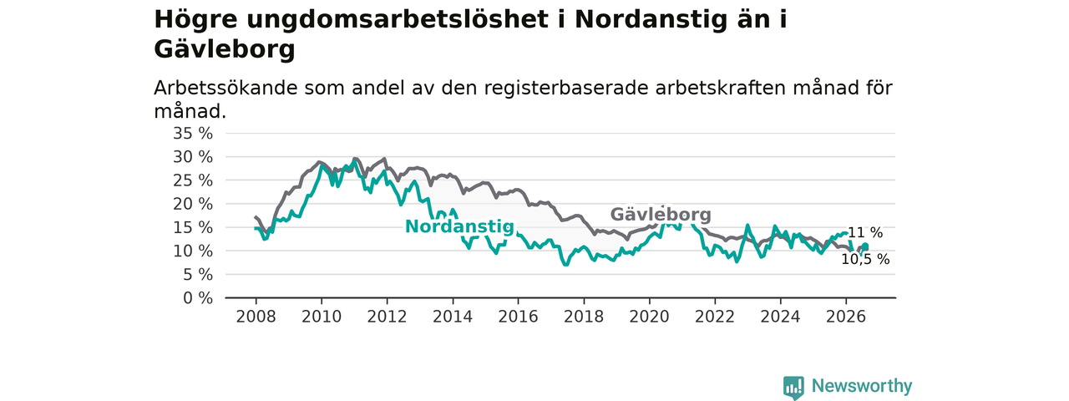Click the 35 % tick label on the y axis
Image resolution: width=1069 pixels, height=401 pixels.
point(193,134)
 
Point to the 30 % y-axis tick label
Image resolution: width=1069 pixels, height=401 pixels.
point(193,157)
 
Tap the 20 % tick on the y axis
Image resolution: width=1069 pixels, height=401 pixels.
point(193,205)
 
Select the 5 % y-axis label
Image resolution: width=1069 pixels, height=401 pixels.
point(198,275)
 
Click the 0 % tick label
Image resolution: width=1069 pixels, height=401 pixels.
point(198,298)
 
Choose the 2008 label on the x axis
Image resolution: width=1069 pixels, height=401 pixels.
point(256,317)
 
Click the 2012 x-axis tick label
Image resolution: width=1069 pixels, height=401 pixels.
point(387,317)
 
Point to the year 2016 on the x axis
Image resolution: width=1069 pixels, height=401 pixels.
point(519,317)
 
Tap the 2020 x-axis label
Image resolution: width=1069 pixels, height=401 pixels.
point(649,317)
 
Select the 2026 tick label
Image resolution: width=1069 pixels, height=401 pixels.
point(846,317)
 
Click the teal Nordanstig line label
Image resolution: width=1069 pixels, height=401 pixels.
point(459,226)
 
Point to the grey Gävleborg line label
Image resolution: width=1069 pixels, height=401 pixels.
point(661,215)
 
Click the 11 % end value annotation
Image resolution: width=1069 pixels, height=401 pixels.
point(865,233)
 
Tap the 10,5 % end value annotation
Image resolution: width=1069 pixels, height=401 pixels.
point(865,259)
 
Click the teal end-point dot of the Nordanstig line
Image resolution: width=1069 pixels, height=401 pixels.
point(865,246)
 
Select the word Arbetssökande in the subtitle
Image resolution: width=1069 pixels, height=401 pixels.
point(225,88)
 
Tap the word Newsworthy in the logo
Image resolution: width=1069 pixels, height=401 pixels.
point(862,386)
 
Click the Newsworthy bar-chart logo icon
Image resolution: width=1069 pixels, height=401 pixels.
point(793,387)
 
